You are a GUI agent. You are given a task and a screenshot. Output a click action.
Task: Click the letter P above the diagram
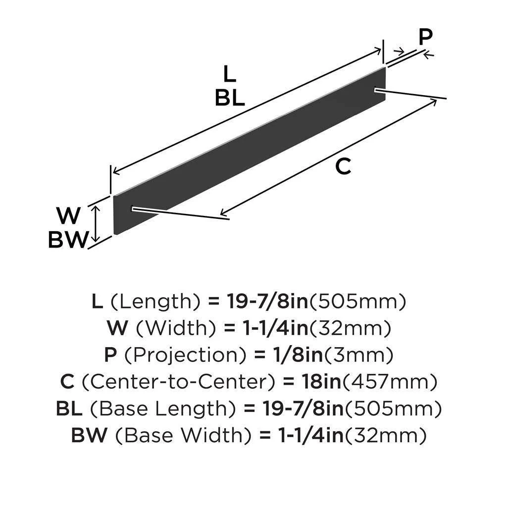tap(425, 36)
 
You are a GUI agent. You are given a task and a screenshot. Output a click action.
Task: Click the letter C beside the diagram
tap(343, 167)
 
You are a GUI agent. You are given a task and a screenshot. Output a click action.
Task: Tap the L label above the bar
tap(229, 74)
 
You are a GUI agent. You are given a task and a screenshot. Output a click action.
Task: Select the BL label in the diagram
tap(229, 99)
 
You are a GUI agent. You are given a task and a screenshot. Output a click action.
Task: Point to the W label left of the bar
tap(68, 216)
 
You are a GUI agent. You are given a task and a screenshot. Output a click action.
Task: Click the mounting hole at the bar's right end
tap(377, 90)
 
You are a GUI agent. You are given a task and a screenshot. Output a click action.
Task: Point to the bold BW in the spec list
tap(90, 436)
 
